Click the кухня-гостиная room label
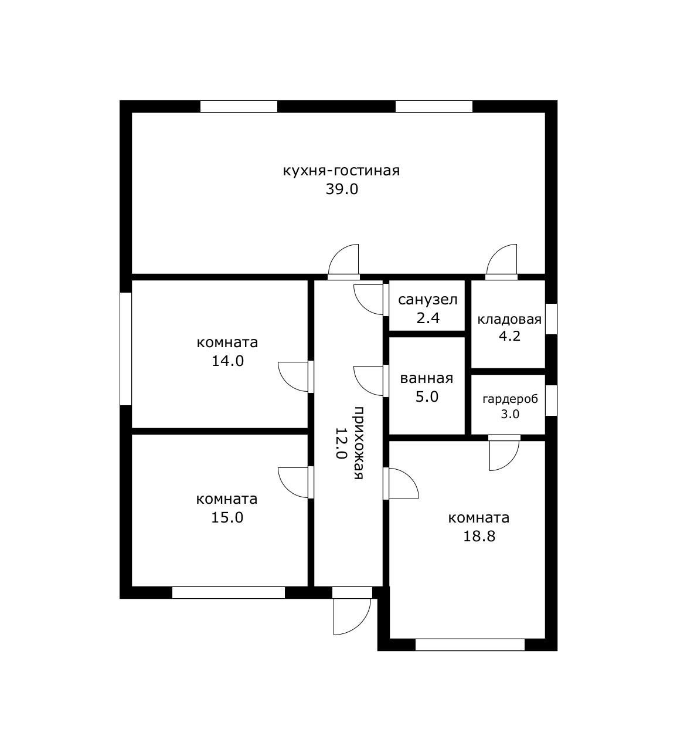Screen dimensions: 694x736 click(341, 171)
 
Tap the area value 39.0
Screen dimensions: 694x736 click(342, 189)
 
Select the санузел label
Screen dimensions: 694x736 click(427, 300)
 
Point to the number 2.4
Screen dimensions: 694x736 click(427, 318)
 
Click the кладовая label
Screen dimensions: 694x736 click(509, 319)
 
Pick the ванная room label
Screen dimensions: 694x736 click(427, 378)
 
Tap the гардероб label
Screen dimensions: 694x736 click(510, 399)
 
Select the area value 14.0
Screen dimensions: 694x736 click(227, 361)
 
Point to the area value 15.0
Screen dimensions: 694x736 click(227, 517)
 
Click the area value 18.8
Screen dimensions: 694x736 click(479, 536)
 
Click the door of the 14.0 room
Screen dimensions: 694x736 click(293, 377)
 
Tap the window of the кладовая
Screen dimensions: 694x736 click(551, 318)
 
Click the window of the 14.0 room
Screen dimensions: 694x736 click(125, 349)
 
